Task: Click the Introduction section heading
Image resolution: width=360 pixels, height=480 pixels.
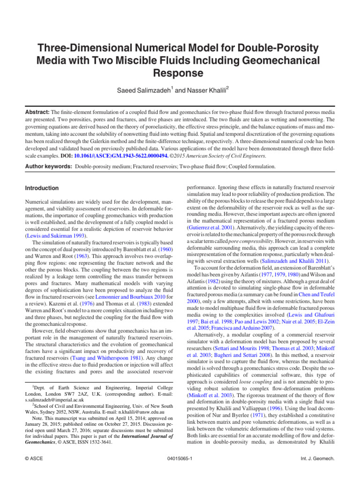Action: pyautogui.click(x=42, y=188)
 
